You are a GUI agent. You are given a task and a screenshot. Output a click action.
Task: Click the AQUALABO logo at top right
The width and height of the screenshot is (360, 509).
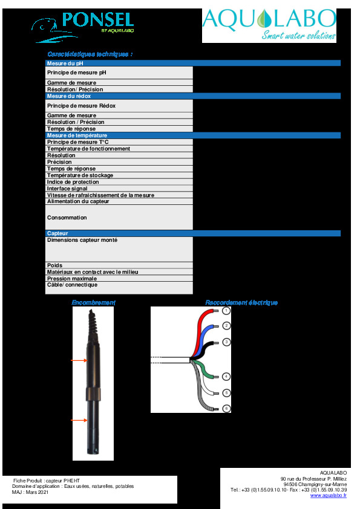(x=269, y=25)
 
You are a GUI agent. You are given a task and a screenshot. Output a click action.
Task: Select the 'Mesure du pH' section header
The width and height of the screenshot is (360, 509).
(x=65, y=63)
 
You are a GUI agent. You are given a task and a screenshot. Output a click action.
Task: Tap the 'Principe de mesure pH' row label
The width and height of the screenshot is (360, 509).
(x=76, y=73)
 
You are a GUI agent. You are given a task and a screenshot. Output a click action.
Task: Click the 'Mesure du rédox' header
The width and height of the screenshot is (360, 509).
(x=69, y=96)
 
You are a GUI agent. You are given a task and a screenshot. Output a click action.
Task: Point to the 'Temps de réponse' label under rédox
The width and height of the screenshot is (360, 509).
(x=71, y=129)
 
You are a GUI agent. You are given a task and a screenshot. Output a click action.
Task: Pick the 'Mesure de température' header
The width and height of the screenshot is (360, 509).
(x=77, y=135)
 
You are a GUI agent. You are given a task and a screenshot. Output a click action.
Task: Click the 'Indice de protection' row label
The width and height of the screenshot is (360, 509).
(x=73, y=182)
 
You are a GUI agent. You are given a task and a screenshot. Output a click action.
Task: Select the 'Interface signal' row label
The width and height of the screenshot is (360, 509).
(x=67, y=189)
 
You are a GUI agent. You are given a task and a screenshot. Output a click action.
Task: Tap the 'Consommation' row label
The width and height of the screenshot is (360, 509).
(x=67, y=218)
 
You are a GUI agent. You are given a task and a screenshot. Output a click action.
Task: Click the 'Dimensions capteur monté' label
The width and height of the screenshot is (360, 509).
(x=82, y=240)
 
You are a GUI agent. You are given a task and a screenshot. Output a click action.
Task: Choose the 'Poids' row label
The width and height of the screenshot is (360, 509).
(x=55, y=265)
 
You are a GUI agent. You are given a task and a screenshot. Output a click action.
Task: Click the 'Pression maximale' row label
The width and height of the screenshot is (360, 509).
(x=71, y=279)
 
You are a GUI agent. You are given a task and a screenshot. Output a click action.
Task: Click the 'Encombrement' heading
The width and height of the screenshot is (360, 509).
(x=93, y=302)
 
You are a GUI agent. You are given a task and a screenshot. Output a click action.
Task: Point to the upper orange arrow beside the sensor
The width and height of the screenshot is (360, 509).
(x=79, y=361)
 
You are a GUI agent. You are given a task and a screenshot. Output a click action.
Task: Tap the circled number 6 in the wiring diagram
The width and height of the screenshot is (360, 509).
(x=226, y=409)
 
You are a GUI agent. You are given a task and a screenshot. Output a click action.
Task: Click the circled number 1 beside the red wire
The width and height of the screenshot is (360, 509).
(x=226, y=311)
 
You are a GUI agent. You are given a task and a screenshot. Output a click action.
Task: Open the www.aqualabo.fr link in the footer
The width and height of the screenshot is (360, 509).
(x=328, y=495)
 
